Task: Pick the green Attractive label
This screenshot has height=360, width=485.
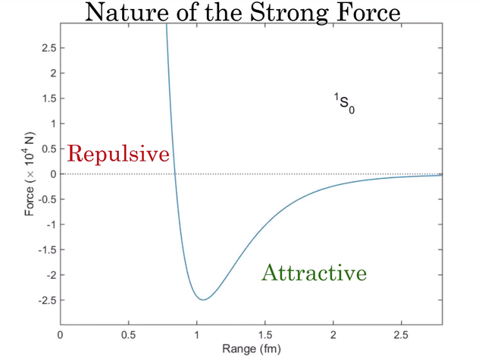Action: point(314,273)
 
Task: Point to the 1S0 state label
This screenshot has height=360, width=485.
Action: point(344,104)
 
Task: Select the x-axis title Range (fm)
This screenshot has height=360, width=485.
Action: point(251,349)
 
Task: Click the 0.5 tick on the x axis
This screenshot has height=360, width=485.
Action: point(129,334)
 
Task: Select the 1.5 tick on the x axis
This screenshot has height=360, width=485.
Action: point(265,334)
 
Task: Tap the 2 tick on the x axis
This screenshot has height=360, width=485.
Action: point(333,334)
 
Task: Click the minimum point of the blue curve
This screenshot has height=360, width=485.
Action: point(202,299)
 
